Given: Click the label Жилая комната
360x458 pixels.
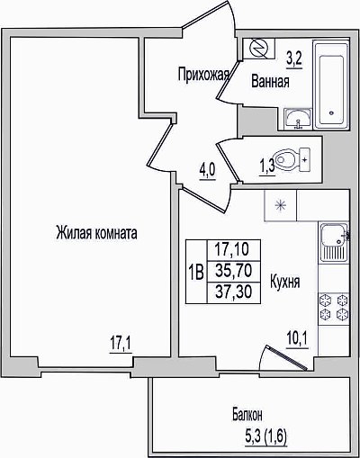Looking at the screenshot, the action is pyautogui.click(x=96, y=233).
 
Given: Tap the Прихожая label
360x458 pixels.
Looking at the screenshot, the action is pyautogui.click(x=203, y=74).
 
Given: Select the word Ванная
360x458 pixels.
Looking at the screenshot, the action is pyautogui.click(x=270, y=81).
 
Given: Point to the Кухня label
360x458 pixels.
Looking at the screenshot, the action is pyautogui.click(x=285, y=282).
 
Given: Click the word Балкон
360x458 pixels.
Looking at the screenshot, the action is pyautogui.click(x=247, y=415).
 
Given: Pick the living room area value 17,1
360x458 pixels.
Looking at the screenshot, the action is pyautogui.click(x=121, y=345).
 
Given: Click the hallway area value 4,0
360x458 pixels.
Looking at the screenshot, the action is pyautogui.click(x=207, y=172).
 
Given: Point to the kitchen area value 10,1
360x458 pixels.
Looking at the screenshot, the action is pyautogui.click(x=297, y=341).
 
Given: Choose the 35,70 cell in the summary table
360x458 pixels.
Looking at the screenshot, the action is pyautogui.click(x=234, y=271).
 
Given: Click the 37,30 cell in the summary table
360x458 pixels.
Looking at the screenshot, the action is pyautogui.click(x=234, y=292).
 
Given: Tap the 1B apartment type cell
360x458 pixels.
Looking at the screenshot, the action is pyautogui.click(x=196, y=272).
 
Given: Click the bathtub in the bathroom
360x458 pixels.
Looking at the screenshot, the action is pyautogui.click(x=330, y=85).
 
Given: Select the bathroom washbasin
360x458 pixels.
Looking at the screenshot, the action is pyautogui.click(x=298, y=119).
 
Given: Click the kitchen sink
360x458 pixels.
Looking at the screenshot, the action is pyautogui.click(x=334, y=242).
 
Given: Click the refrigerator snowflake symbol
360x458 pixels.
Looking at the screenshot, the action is pyautogui.click(x=281, y=205).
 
